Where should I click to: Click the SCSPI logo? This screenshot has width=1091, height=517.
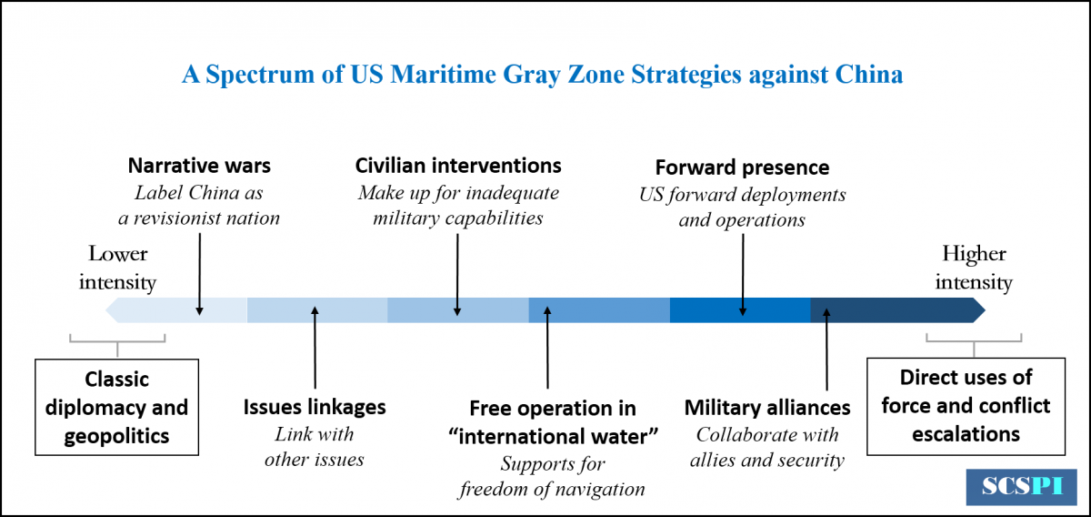tap(1021, 487)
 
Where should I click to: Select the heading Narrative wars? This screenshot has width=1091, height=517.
tap(199, 166)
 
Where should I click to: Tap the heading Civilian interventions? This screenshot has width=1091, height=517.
tap(458, 166)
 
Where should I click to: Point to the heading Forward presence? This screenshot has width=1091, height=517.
tap(742, 167)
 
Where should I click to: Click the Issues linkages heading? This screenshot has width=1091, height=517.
tap(315, 407)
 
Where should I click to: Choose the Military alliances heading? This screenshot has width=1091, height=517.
tap(767, 408)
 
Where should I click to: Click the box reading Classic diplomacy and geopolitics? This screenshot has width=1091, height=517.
tap(117, 407)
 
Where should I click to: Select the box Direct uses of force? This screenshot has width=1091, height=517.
tap(966, 406)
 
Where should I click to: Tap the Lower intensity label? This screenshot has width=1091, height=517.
tap(117, 268)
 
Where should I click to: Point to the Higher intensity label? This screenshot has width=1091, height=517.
tap(974, 268)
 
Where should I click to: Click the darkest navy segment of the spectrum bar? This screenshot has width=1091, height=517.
tap(897, 310)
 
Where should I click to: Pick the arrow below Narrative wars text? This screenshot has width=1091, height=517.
tap(200, 274)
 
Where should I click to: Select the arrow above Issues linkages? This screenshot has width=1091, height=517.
tap(315, 348)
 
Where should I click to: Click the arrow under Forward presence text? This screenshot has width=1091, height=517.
tap(743, 275)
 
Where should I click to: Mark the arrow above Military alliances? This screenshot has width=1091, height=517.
tap(826, 350)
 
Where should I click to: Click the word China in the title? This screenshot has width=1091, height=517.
tap(869, 75)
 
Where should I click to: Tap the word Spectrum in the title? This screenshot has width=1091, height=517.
tap(260, 76)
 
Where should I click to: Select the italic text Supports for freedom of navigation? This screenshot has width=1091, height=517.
tap(553, 477)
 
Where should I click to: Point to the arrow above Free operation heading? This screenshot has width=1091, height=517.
tap(547, 348)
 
